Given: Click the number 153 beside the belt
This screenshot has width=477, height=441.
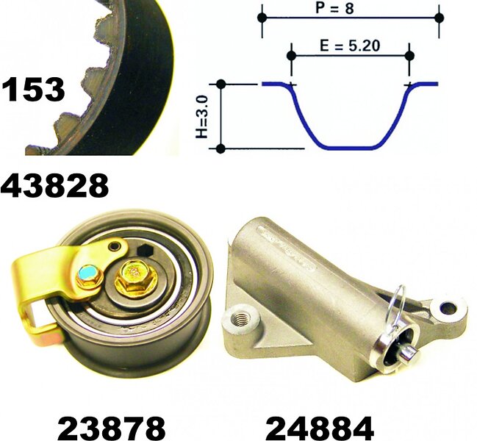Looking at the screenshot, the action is click(x=34, y=89).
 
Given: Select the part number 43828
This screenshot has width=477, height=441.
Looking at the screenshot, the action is click(x=55, y=185).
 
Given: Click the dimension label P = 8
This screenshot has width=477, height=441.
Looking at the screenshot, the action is click(x=334, y=8).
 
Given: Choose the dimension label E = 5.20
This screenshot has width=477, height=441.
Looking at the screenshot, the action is click(x=350, y=46).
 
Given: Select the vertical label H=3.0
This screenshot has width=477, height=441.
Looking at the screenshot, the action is click(x=202, y=116).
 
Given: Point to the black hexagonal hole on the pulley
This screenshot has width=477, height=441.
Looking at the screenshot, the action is click(x=145, y=251).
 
